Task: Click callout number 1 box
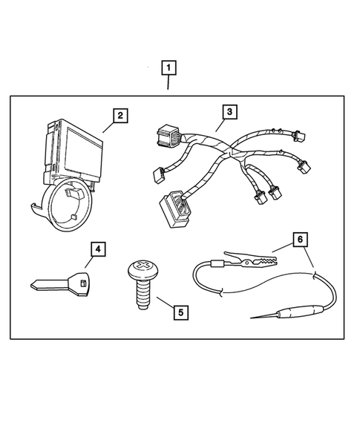click(169, 69)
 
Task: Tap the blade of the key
click(49, 283)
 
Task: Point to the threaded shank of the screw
click(141, 296)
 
